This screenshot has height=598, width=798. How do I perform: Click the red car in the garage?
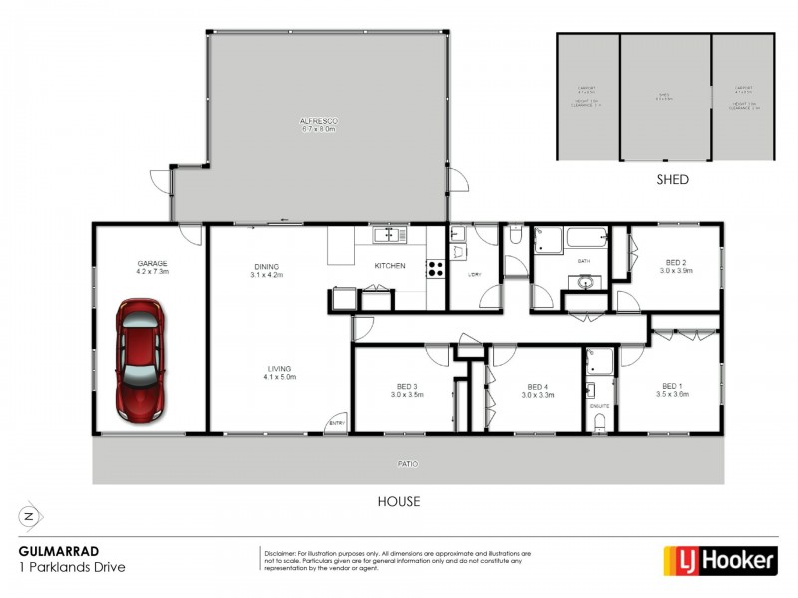coord(141,359)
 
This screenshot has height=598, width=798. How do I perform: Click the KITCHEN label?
coord(388,266)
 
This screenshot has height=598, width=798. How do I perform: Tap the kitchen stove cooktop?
coord(436,267)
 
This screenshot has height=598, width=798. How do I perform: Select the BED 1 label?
coord(673,387)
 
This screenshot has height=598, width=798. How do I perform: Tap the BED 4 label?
coord(537,388)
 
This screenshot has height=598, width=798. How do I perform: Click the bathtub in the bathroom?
coord(587,239)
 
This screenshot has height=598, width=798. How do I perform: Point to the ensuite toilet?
coord(598,423)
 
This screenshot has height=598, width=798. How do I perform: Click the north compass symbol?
coord(29,516)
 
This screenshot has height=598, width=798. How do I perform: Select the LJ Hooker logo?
coord(720,560)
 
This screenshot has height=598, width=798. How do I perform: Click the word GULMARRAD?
coord(51,550)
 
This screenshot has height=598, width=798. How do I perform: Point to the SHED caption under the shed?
coord(672,180)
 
